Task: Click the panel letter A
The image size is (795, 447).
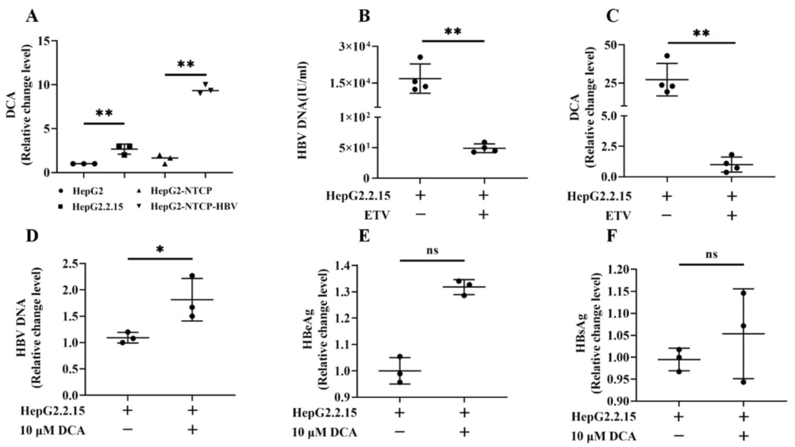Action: coord(32,16)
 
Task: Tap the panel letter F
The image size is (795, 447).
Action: coord(612,235)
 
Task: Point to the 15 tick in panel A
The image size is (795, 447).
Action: coord(45,41)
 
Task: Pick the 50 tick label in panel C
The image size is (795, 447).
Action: coord(609,45)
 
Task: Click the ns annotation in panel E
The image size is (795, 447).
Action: coord(432,251)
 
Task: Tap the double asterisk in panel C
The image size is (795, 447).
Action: coord(701,34)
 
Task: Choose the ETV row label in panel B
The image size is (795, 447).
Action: coord(376,215)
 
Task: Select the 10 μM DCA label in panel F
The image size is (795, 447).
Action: coord(604,436)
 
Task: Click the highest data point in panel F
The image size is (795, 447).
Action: coord(743,293)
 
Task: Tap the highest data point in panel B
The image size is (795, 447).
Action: coord(420,57)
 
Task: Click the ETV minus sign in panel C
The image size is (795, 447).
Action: coord(666,215)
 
